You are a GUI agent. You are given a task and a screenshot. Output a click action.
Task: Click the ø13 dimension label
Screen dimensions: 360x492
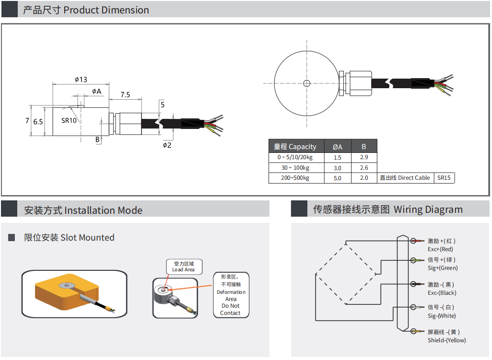click(81, 79)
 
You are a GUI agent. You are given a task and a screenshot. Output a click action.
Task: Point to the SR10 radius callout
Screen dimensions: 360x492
click(69, 121)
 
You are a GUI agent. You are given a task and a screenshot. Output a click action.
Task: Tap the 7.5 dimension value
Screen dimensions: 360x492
click(125, 94)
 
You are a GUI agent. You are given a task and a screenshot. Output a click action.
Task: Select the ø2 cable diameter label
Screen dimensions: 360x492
click(167, 145)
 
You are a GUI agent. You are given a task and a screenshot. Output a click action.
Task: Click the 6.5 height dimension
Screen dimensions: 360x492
click(38, 122)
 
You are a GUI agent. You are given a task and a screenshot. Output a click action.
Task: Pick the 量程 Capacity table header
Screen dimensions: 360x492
click(295, 147)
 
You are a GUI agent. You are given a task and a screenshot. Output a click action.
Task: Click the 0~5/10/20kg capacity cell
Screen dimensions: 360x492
click(295, 157)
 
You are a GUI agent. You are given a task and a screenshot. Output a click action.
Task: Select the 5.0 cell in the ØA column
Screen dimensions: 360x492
click(337, 178)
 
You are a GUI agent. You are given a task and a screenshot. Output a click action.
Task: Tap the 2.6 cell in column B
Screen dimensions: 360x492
click(364, 168)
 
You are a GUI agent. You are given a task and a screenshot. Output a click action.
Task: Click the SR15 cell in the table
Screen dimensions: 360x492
click(444, 178)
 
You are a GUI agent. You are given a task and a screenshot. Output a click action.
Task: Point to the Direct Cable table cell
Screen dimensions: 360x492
click(405, 178)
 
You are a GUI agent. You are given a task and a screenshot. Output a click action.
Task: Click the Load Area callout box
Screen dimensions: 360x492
click(184, 267)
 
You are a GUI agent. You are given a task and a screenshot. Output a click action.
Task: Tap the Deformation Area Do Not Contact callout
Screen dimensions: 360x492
click(231, 295)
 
